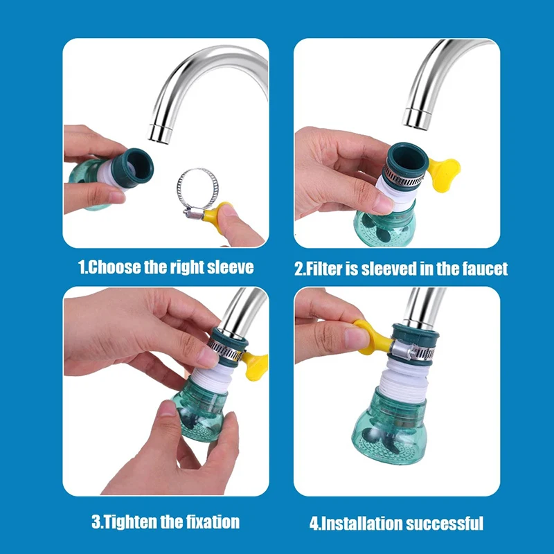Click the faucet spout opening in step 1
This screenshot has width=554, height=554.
tap(160, 134)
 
